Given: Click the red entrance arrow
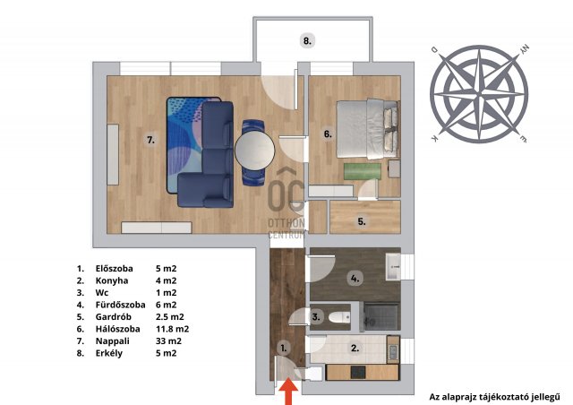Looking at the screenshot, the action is click(289, 392).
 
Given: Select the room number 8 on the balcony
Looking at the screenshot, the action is click(308, 40).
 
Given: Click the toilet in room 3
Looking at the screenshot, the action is click(338, 317).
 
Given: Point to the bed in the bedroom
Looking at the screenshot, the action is click(367, 128).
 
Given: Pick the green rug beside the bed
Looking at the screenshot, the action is click(362, 171).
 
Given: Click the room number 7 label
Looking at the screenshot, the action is click(150, 140).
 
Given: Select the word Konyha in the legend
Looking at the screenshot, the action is click(112, 280).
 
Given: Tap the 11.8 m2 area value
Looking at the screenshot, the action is click(173, 329).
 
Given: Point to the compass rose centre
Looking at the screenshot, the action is click(479, 94).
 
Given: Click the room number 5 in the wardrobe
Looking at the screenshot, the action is click(362, 221).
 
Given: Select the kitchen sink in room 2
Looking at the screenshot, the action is click(393, 351).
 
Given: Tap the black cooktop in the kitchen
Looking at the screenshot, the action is click(358, 373).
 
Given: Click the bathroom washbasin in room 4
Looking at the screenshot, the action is click(393, 267).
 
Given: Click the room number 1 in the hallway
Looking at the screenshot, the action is click(284, 348).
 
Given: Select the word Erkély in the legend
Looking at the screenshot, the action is click(109, 353).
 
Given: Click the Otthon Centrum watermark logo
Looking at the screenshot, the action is click(286, 203).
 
